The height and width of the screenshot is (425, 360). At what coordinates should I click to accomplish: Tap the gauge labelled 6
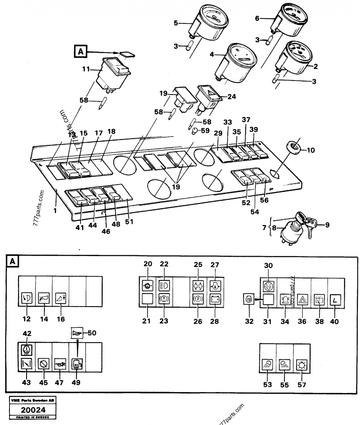[x=293, y=20]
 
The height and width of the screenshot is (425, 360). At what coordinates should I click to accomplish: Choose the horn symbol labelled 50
[x=78, y=334]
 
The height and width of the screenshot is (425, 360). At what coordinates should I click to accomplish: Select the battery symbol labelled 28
[x=213, y=298]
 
